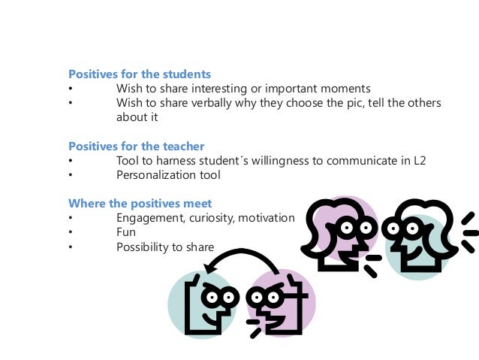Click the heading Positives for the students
(140, 74)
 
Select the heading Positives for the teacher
(137, 146)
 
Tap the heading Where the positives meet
(140, 203)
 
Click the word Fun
(126, 232)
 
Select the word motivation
(267, 218)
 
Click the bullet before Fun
(70, 233)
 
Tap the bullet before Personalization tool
(70, 176)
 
